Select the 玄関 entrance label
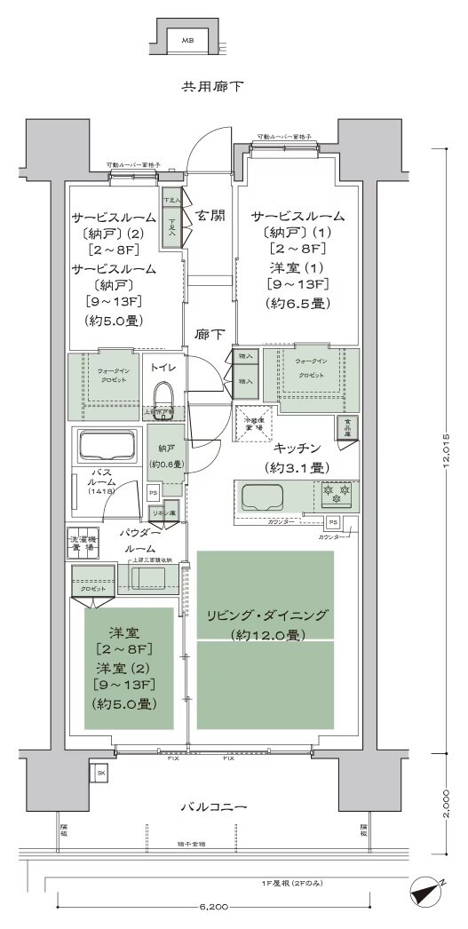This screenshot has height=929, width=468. pos(210,216)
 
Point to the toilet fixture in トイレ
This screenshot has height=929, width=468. pos(163,395)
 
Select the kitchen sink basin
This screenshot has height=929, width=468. pos(257,495)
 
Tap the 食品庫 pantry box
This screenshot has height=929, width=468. pos(346,428)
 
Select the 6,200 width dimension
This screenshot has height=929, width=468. pos(213,907)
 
